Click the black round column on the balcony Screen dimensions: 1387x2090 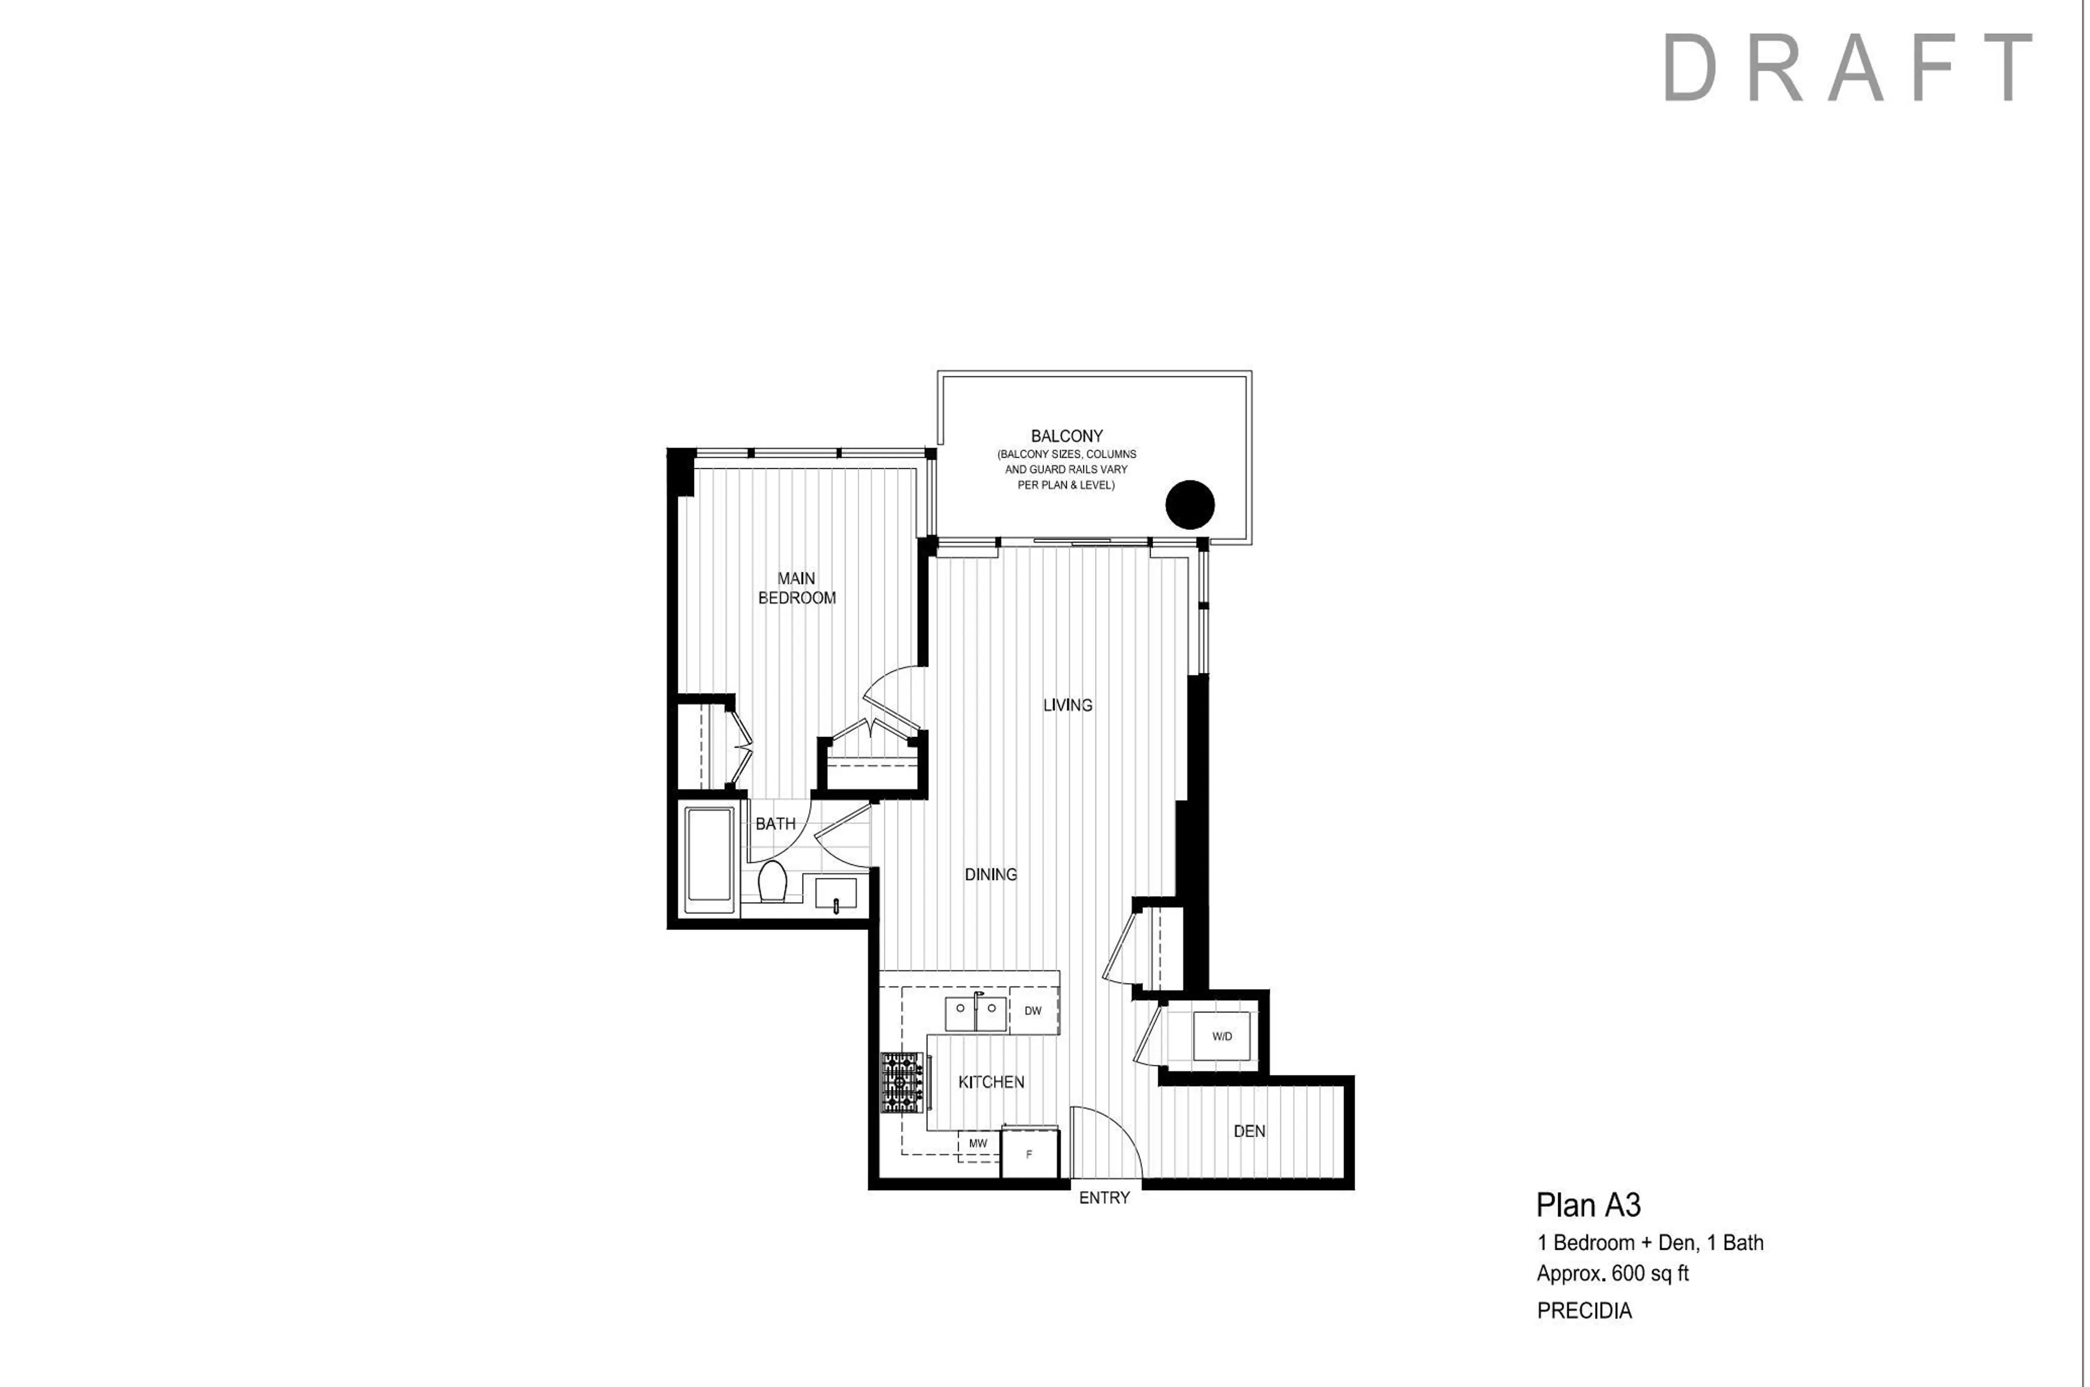coord(1190,505)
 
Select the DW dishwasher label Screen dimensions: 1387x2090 coord(1032,1011)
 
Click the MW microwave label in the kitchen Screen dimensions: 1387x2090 coord(978,1144)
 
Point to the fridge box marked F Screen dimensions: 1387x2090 coord(1029,1155)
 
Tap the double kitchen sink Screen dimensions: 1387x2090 coord(975,1014)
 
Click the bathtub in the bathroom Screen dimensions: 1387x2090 coord(709,860)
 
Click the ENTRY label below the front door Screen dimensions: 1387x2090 coord(1104,1198)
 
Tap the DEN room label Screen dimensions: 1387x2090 coord(1249,1131)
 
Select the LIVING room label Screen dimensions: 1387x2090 coord(1067,705)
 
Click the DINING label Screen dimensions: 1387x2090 coord(991,875)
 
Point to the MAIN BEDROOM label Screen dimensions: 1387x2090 coord(796,588)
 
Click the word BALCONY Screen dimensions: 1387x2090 coord(1067,436)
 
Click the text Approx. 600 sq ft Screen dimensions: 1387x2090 coord(1612,1274)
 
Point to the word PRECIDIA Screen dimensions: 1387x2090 coord(1584,1311)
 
